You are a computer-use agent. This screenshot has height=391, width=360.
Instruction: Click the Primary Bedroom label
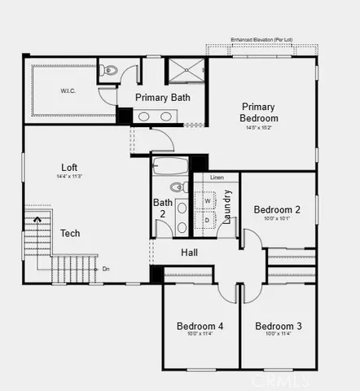click(258, 112)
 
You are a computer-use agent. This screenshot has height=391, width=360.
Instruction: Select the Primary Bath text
click(163, 98)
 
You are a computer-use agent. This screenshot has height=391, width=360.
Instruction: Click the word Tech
click(70, 233)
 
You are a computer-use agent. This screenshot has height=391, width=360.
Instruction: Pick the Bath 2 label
click(162, 209)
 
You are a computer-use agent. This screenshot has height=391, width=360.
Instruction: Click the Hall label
click(189, 253)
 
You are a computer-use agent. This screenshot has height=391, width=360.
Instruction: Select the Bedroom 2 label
click(277, 209)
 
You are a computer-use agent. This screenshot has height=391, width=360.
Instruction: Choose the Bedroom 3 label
click(279, 327)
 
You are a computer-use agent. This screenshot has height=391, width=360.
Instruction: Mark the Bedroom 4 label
click(200, 327)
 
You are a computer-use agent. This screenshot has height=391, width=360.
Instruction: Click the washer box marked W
click(206, 200)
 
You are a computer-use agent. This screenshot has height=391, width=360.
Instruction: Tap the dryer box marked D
click(206, 220)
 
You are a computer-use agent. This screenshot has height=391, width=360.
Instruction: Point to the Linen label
click(217, 177)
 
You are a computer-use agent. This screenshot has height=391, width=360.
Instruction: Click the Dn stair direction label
click(106, 268)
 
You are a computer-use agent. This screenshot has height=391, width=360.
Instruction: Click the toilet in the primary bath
click(109, 72)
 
